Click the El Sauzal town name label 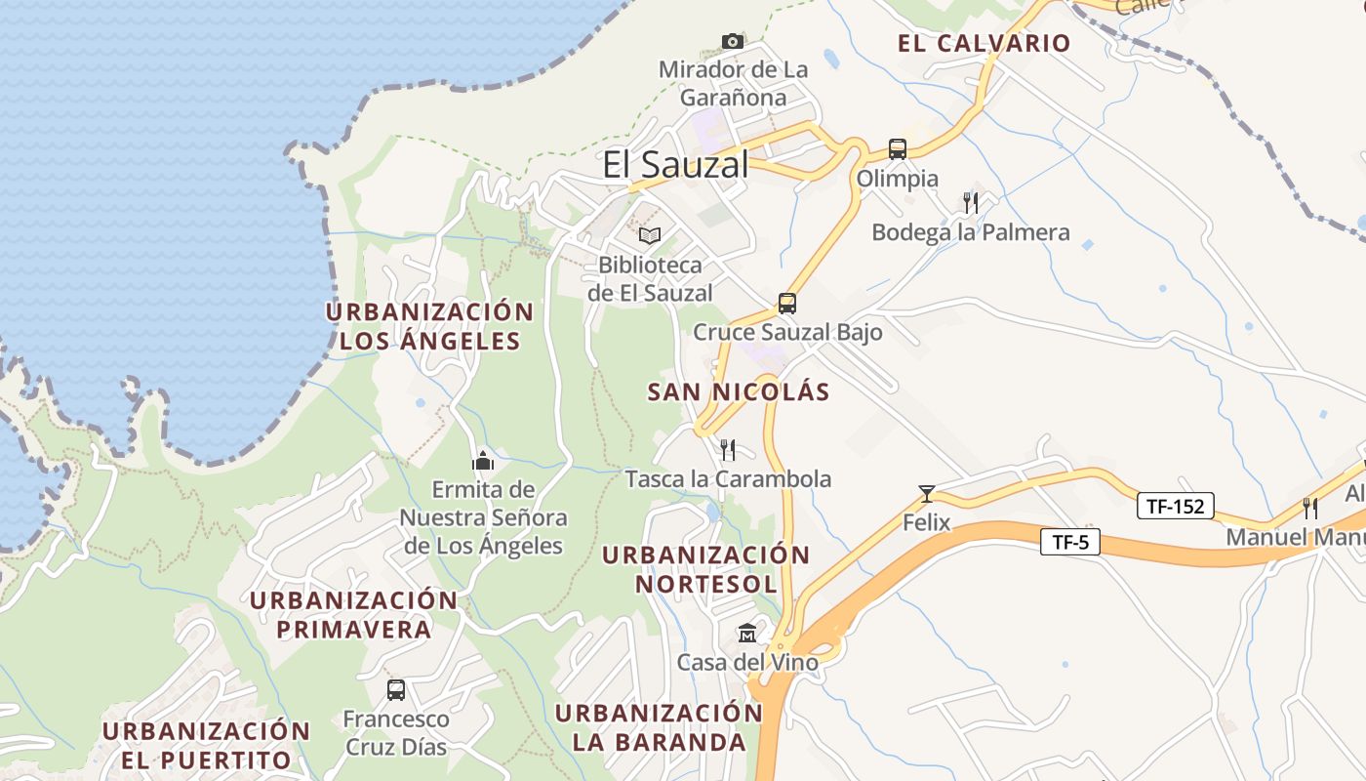coord(675,164)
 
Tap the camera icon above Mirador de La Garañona coord(733,41)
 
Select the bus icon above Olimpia coord(898,149)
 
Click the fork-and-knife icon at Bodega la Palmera coord(970,203)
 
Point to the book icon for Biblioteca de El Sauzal coord(650,235)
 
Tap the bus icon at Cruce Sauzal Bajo coord(787,303)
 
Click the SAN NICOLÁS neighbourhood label coord(739,392)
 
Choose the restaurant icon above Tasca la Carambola coord(728,449)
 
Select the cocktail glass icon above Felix coord(926,493)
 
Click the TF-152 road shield coord(1176,506)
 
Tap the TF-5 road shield coord(1070,542)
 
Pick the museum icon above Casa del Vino coord(747,633)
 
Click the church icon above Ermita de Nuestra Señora coord(483,460)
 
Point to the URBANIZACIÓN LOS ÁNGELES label coord(429,326)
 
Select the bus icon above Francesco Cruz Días coord(396,690)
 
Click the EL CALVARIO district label coord(984,43)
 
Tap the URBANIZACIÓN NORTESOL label coord(706,569)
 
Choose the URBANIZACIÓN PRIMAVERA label coord(353,614)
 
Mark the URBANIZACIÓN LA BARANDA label coord(659,727)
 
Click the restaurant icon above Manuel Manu coord(1310,508)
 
